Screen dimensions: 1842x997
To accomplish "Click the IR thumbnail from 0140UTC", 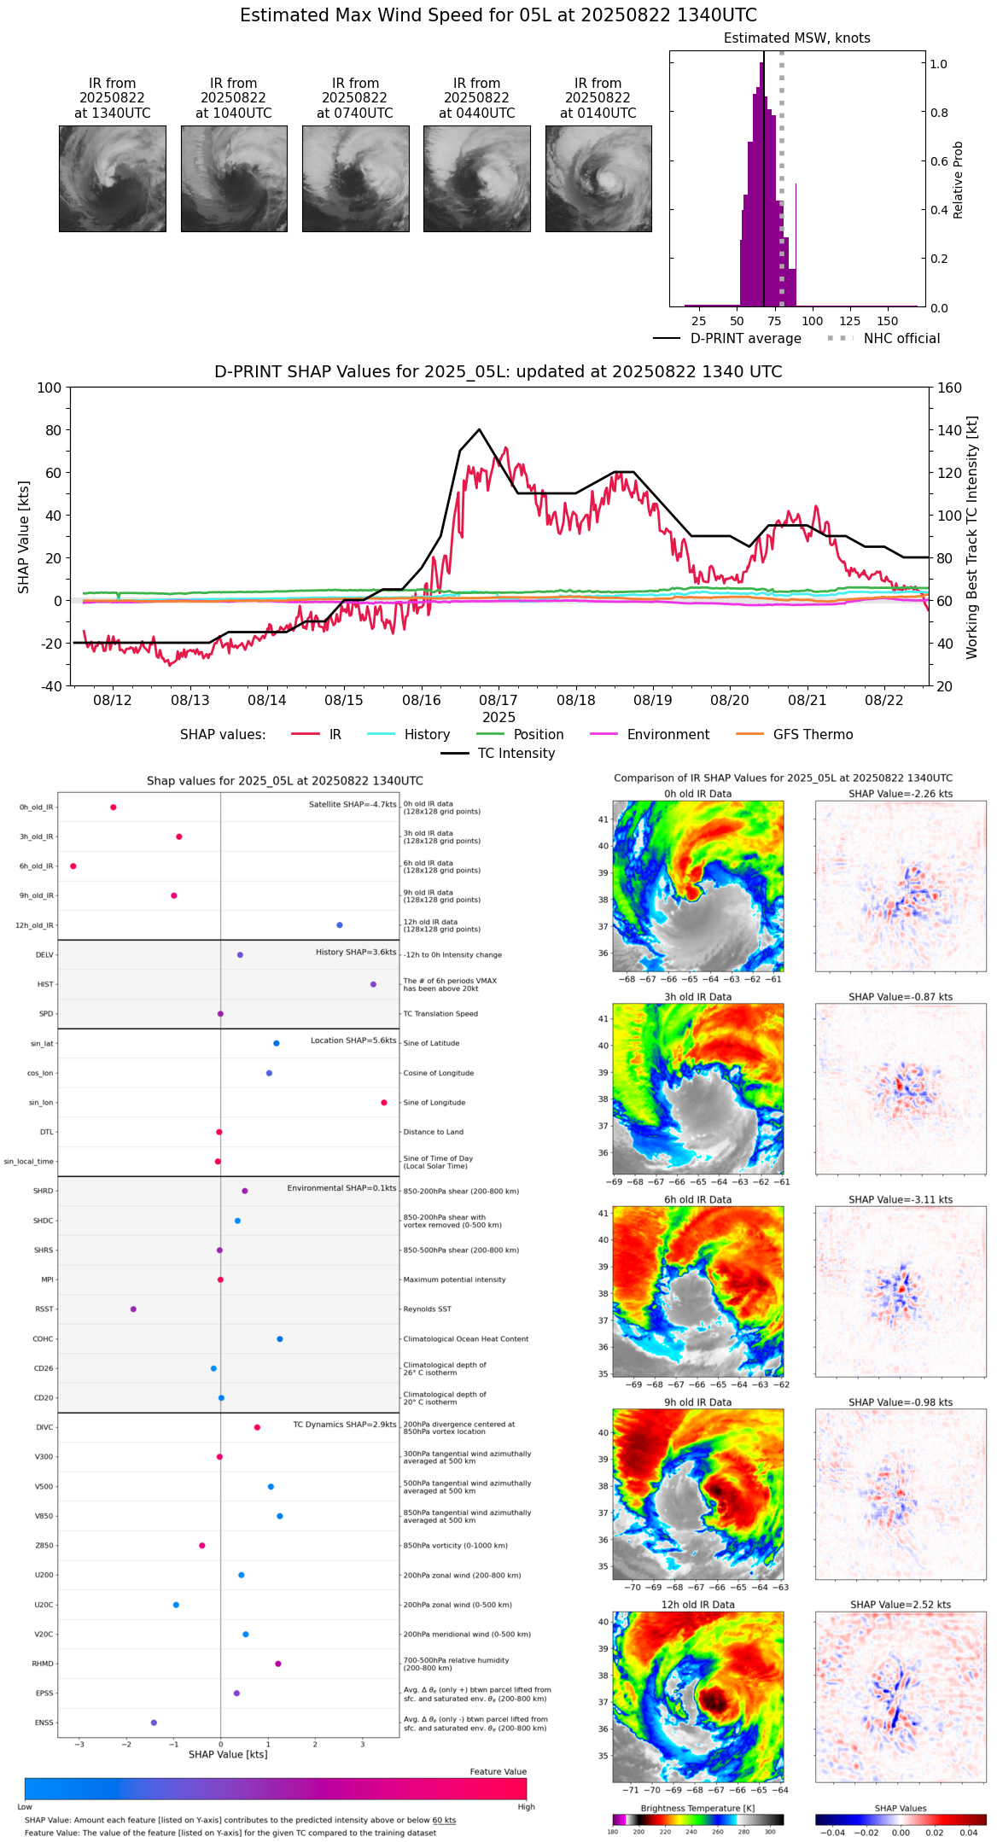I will click(x=598, y=178).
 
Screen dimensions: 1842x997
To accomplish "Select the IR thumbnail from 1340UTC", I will click(x=113, y=178).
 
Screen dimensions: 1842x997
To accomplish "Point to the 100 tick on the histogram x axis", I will click(x=813, y=321).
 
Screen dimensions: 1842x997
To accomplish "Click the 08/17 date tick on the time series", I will click(x=499, y=700).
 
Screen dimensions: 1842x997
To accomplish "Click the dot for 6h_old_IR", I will click(x=73, y=866).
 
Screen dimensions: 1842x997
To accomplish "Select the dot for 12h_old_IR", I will click(x=340, y=925).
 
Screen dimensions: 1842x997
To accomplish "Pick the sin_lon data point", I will click(x=384, y=1103).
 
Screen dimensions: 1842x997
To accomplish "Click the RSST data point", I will click(x=133, y=1309).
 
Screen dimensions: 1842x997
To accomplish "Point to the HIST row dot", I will click(x=373, y=984).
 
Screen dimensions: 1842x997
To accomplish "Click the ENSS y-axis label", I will click(x=44, y=1723).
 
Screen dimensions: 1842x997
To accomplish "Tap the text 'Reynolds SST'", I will click(x=428, y=1309).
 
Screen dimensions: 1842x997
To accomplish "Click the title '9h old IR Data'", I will click(x=697, y=1402).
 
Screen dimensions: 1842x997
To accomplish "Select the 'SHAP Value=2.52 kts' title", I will click(x=901, y=1605).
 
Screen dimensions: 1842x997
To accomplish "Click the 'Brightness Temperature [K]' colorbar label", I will click(x=697, y=1808).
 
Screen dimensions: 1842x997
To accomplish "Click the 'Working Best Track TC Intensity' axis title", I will click(x=972, y=538).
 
